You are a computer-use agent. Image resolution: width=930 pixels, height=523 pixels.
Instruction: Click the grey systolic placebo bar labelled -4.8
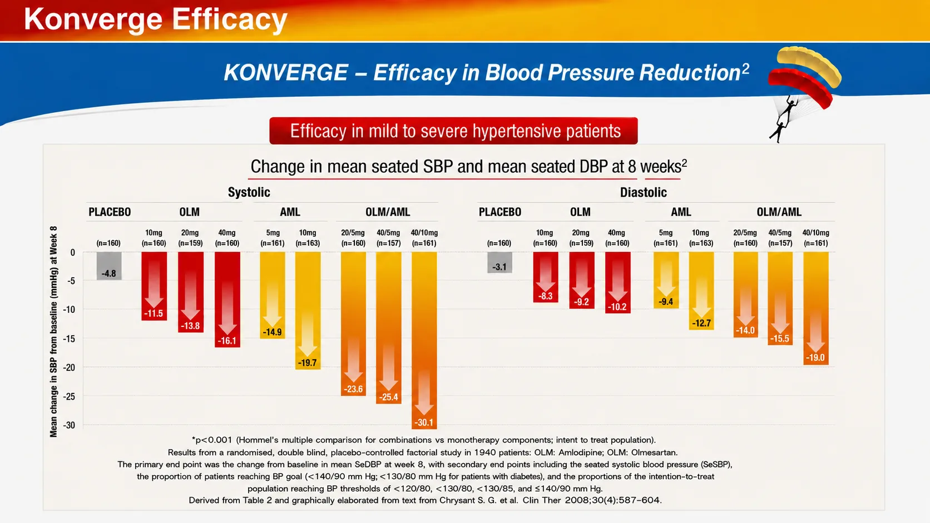(109, 266)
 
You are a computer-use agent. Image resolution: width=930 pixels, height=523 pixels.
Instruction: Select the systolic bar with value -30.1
(424, 340)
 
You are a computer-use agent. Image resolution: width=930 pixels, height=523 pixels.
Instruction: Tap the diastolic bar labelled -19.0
(816, 308)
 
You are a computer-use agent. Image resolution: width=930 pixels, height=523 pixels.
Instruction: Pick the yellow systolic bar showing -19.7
(308, 310)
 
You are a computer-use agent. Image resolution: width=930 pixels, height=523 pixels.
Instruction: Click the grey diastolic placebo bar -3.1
(499, 262)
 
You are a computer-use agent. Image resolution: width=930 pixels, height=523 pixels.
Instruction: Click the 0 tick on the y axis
(73, 252)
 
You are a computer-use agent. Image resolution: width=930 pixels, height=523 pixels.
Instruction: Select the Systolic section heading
(249, 192)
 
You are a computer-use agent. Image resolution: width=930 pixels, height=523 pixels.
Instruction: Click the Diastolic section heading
(643, 192)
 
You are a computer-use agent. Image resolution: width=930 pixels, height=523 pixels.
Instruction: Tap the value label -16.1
(227, 341)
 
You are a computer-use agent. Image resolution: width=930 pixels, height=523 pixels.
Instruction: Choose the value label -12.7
(701, 323)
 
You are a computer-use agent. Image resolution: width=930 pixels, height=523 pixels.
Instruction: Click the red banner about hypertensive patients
(453, 131)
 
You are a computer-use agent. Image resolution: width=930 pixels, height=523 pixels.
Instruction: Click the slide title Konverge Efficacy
(156, 19)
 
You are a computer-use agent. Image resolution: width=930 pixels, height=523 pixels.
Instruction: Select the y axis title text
(53, 331)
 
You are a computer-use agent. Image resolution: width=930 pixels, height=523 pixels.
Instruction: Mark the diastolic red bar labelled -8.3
(546, 277)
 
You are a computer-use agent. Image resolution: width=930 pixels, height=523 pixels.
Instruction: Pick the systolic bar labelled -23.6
(353, 323)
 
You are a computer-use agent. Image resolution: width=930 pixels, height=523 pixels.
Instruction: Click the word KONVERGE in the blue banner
(286, 73)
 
